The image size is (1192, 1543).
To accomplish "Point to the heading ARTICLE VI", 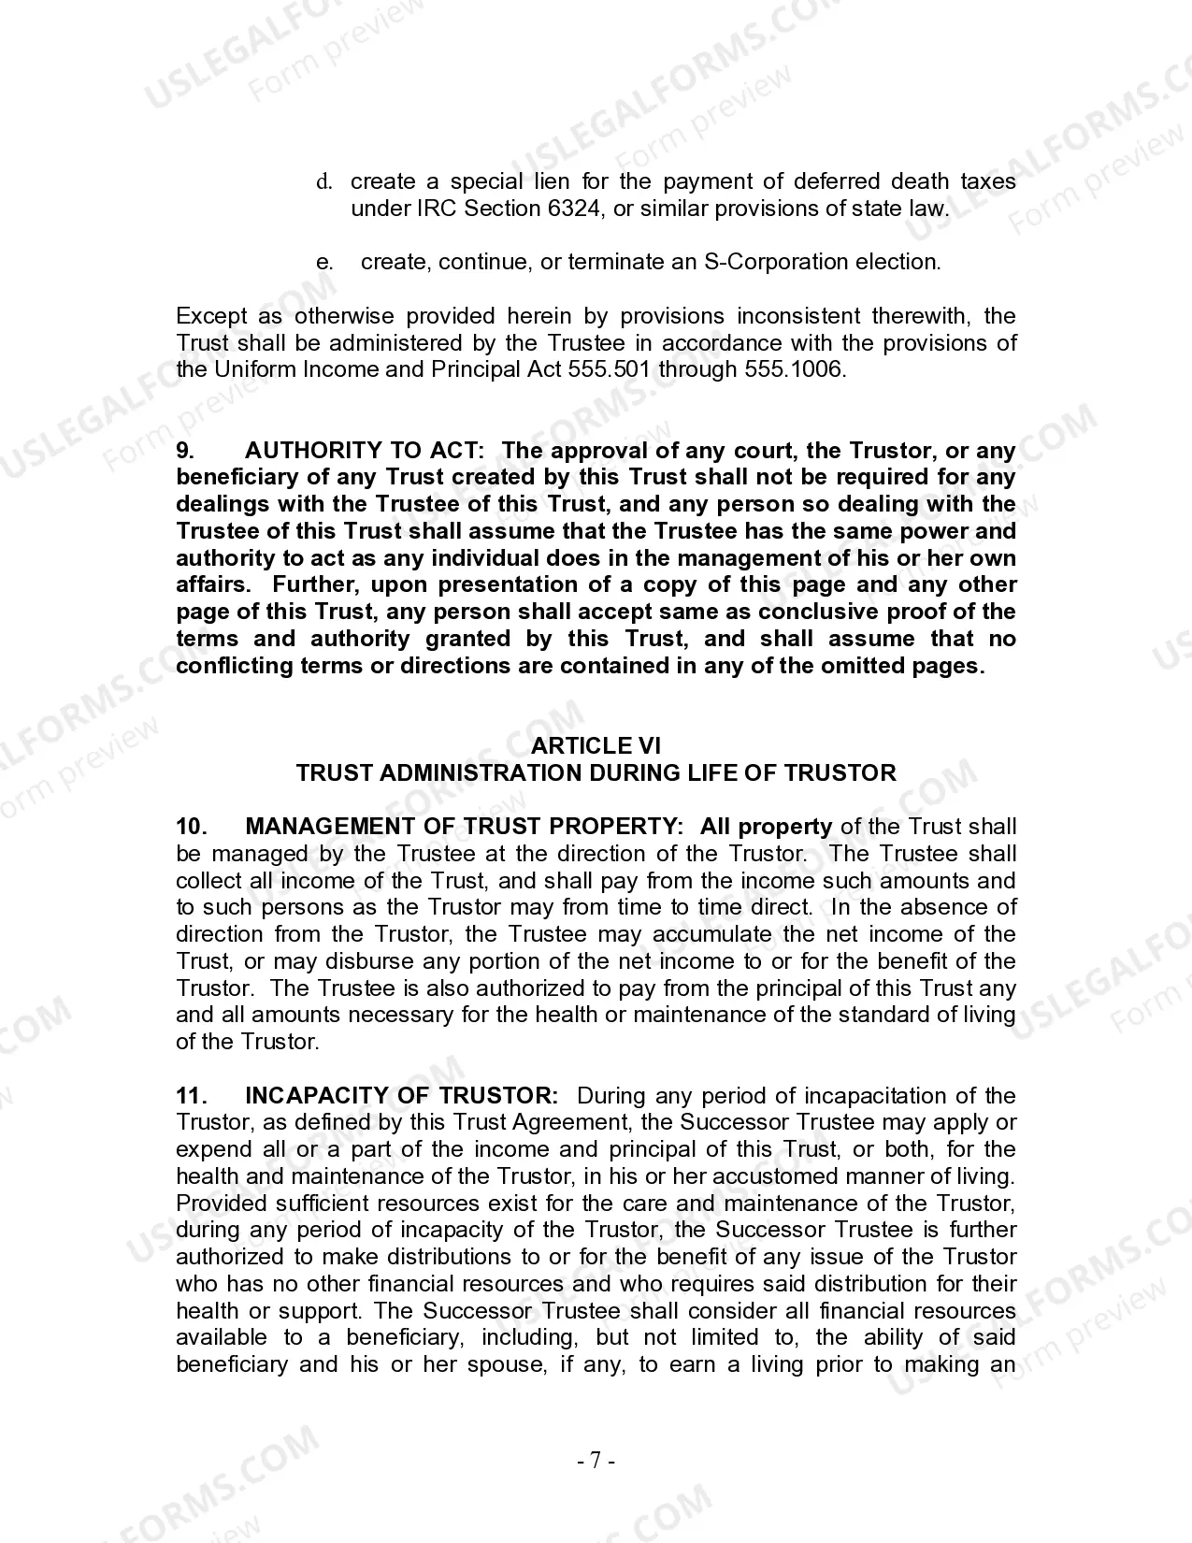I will [x=596, y=746].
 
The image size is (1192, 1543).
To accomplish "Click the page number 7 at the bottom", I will [x=596, y=1460].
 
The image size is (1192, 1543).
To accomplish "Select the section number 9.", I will [x=185, y=451].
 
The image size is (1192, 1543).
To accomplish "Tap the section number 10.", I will [x=191, y=827].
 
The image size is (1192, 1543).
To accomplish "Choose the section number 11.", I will [x=191, y=1096].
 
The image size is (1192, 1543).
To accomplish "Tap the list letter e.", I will [x=324, y=262].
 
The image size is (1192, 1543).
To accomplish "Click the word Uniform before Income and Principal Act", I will [x=254, y=369].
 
